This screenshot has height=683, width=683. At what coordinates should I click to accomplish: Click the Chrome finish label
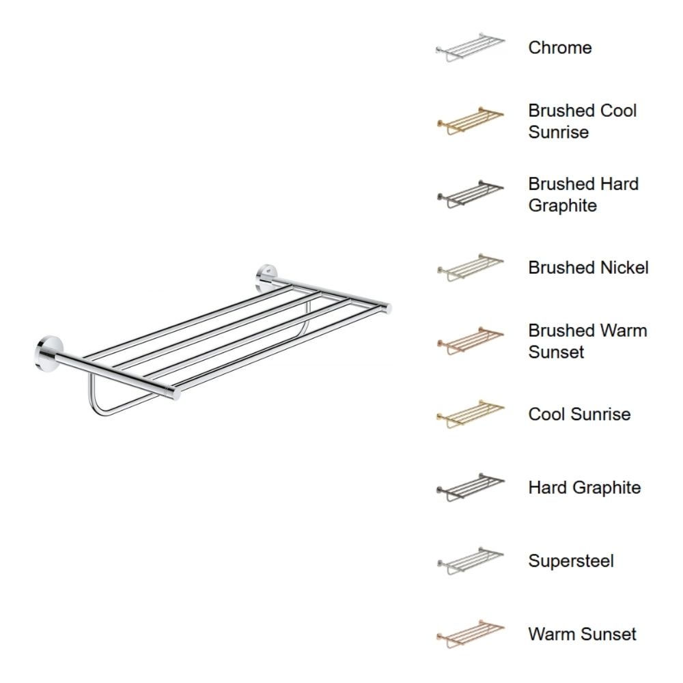point(559,48)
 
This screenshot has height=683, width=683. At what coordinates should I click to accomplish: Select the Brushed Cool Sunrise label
point(582,122)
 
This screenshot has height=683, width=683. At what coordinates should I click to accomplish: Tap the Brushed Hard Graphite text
point(583,195)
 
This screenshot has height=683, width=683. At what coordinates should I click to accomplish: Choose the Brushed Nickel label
point(588,268)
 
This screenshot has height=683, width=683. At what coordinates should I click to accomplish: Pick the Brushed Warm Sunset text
point(587,341)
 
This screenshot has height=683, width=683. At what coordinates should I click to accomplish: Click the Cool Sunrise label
point(579,415)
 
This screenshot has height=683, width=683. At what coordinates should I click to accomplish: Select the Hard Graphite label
point(584,488)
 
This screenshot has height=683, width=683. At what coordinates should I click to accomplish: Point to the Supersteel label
point(570,561)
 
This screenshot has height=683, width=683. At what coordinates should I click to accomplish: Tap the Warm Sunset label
point(582,634)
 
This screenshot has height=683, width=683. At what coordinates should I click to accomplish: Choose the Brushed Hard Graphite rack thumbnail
point(470,195)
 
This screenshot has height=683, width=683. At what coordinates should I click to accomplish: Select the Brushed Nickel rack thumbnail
point(470,268)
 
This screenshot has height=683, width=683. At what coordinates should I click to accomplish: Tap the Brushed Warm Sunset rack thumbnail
point(470,341)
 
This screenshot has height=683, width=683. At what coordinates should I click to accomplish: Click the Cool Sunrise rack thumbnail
point(470,415)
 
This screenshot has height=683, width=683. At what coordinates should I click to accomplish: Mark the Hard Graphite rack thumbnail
point(470,488)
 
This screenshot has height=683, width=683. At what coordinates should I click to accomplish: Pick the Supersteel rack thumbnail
point(470,561)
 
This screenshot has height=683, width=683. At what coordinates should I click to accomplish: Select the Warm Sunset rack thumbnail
point(470,634)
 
